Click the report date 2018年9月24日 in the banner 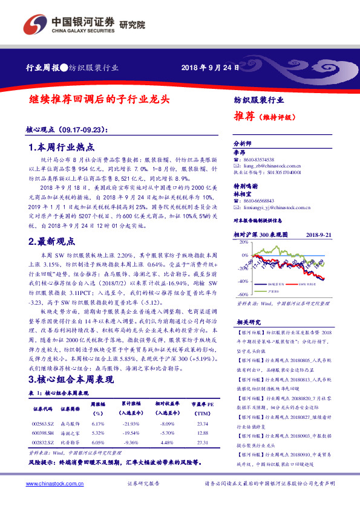pyautogui.click(x=207, y=67)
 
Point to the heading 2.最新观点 pyautogui.click(x=53, y=241)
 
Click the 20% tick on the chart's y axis pyautogui.click(x=243, y=242)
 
